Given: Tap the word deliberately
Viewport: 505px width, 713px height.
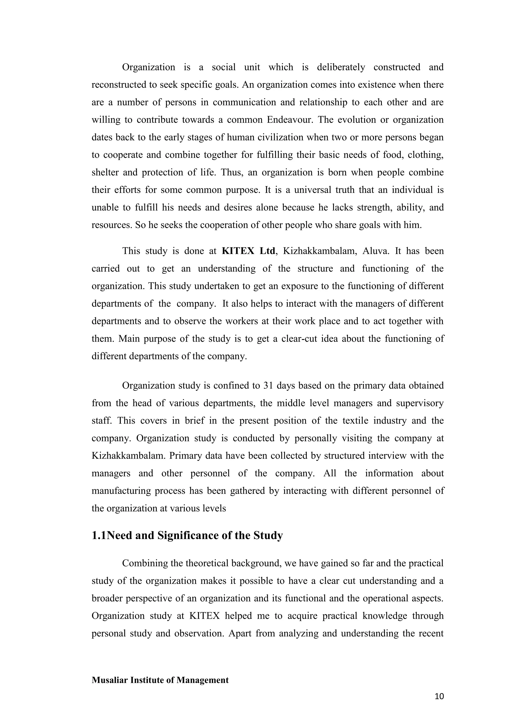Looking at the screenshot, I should point(341,67).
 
